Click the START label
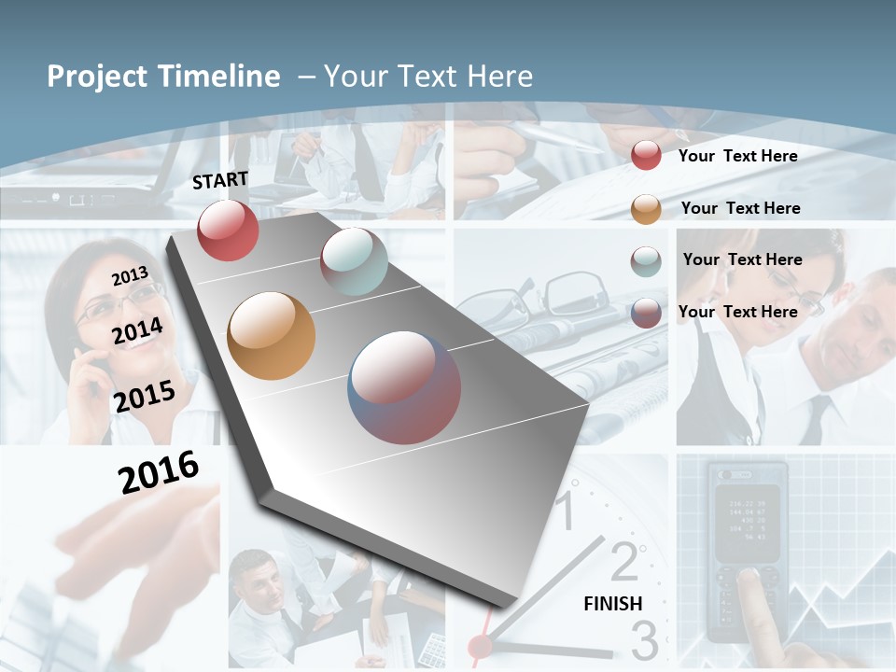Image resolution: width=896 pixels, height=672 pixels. click(220, 180)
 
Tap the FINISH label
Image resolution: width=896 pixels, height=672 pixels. click(612, 604)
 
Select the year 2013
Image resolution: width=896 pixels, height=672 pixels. click(130, 276)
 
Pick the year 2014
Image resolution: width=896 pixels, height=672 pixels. click(137, 331)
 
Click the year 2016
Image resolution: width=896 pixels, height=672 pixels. click(159, 472)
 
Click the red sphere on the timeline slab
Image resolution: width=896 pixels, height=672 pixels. click(228, 230)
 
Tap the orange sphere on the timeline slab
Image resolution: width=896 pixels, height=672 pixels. click(271, 336)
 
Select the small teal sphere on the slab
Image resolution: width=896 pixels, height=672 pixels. click(354, 261)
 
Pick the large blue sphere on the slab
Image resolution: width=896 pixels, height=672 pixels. click(404, 387)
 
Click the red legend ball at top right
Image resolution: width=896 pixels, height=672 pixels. click(646, 156)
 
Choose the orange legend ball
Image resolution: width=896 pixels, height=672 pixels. click(646, 209)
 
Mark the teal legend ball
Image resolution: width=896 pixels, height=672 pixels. click(646, 261)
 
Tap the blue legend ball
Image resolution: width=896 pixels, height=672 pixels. click(646, 313)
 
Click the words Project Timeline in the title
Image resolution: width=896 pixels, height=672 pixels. click(163, 77)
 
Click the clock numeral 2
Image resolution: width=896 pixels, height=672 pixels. click(623, 561)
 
